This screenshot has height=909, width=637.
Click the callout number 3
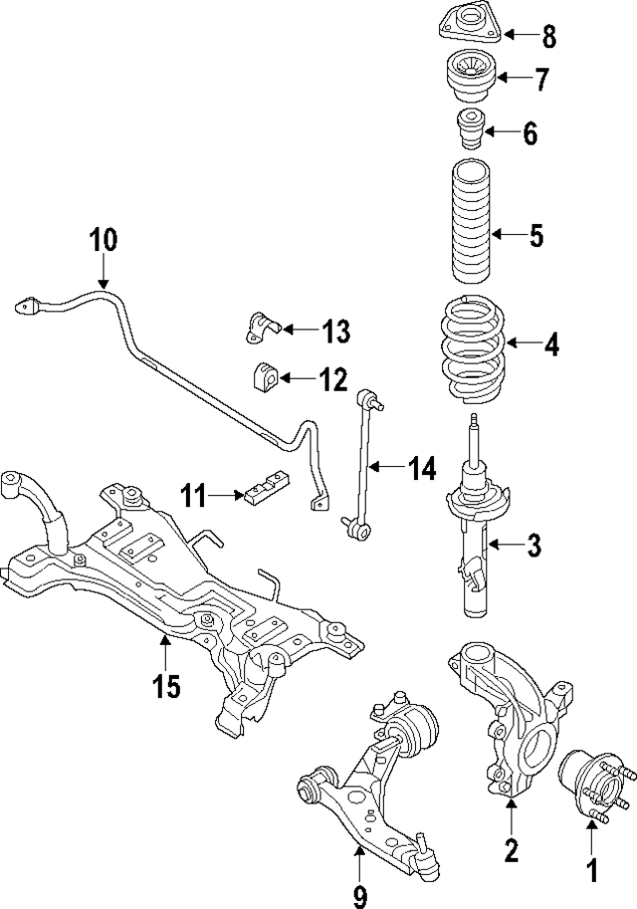point(533,545)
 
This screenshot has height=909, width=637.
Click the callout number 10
point(103,240)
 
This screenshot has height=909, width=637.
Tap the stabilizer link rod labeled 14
point(361,466)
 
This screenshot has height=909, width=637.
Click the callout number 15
point(166,687)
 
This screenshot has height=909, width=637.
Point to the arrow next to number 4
point(523,344)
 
